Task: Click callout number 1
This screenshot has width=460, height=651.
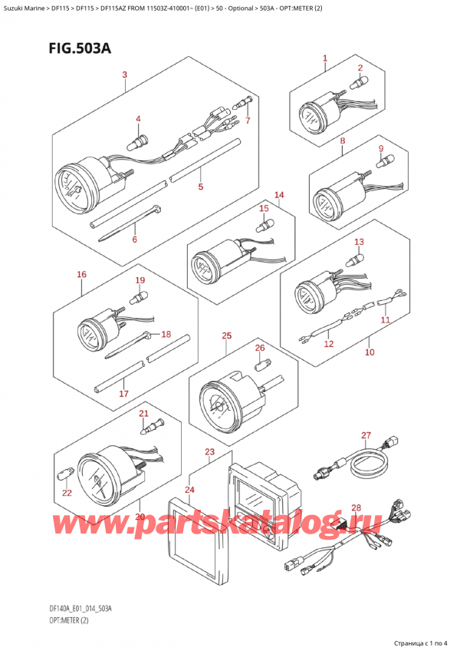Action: click(325, 58)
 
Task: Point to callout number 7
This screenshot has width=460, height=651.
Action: click(248, 121)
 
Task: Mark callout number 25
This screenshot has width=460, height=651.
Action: click(226, 335)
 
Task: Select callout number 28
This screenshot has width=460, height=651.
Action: click(355, 508)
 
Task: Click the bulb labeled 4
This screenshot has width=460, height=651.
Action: click(140, 142)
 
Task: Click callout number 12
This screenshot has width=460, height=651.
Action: click(329, 345)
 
